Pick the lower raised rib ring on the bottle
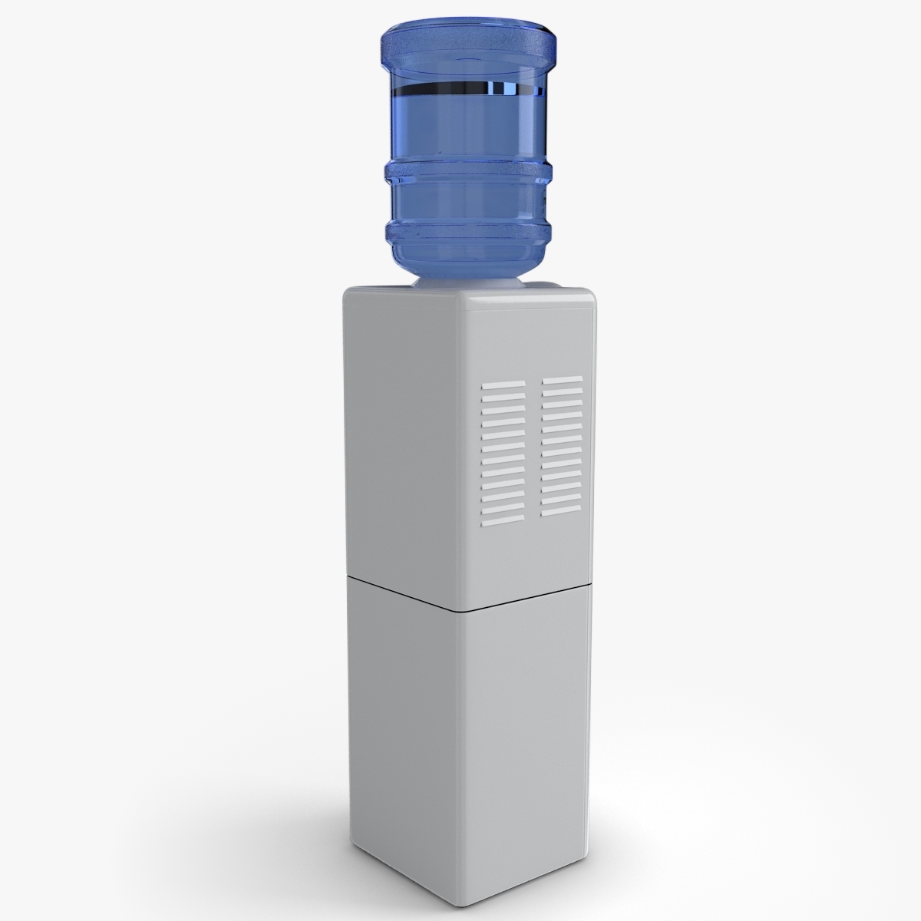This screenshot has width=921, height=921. pos(468,229)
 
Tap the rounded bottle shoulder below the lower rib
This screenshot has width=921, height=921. pos(468,265)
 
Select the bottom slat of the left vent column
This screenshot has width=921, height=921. pos(503,509)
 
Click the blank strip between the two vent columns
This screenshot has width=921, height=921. pos(533,445)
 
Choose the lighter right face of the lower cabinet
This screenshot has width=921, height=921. pos(530,714)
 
